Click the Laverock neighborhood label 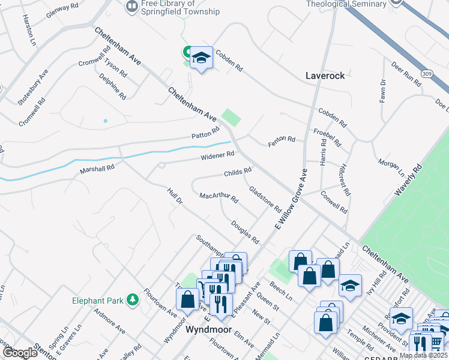pyautogui.click(x=325, y=76)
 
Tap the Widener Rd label pyautogui.click(x=217, y=156)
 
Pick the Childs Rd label pyautogui.click(x=237, y=172)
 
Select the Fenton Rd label pyautogui.click(x=282, y=139)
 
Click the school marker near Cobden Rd pyautogui.click(x=201, y=58)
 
